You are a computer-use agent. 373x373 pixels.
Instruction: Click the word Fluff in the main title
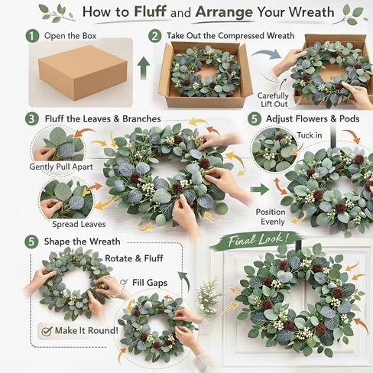click(x=150, y=11)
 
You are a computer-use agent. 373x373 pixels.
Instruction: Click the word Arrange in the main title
click(x=225, y=13)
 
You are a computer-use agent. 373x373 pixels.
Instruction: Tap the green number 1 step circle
click(x=32, y=36)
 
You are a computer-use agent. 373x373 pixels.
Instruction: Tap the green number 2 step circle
click(x=155, y=36)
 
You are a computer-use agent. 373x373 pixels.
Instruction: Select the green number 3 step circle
click(x=32, y=119)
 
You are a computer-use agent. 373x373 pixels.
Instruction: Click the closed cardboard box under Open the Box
click(x=83, y=73)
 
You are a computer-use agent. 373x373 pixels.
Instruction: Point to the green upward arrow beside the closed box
click(x=144, y=68)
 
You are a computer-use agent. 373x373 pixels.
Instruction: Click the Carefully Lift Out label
click(x=273, y=100)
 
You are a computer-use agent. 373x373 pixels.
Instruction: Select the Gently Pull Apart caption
click(x=61, y=167)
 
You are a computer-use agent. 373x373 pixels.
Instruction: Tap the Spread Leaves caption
click(x=79, y=224)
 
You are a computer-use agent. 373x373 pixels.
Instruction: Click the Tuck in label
click(x=310, y=135)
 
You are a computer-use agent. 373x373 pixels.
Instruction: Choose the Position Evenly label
click(x=271, y=217)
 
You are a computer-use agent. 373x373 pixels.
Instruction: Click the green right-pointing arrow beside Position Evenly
click(x=259, y=190)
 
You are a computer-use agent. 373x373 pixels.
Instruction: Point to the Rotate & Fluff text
click(x=134, y=258)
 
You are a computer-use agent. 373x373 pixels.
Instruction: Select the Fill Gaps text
click(x=150, y=283)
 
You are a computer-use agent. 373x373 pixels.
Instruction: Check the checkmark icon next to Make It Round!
click(x=47, y=331)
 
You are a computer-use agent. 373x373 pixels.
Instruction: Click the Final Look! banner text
click(x=258, y=240)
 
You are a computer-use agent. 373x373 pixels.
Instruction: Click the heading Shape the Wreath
click(x=82, y=242)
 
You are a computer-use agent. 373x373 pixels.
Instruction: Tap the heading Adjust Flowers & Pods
click(x=313, y=119)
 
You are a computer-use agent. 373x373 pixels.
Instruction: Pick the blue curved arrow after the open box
click(x=267, y=54)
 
